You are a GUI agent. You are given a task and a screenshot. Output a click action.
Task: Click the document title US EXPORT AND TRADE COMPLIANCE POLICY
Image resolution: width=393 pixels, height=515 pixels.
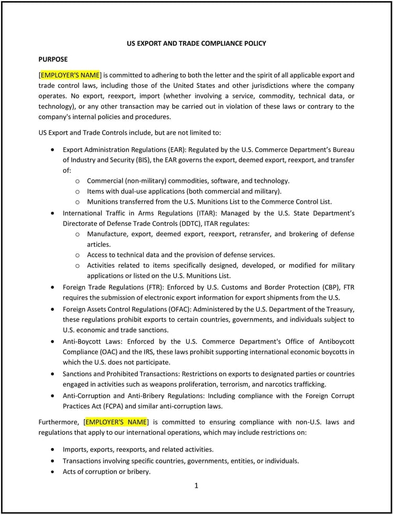[x=196, y=43]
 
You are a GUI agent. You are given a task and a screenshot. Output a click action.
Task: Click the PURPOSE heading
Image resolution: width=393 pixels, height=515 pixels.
[x=53, y=59]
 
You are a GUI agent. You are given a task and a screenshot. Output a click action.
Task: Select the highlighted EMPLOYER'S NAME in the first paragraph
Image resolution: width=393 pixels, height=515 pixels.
[x=70, y=75]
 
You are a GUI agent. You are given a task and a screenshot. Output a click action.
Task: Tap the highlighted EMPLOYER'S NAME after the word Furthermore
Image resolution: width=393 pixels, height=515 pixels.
[x=116, y=422]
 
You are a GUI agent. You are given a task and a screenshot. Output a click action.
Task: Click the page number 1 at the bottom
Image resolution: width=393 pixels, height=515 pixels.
[x=196, y=486]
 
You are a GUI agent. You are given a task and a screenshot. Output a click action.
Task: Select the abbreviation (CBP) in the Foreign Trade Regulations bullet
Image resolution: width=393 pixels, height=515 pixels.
[x=330, y=287]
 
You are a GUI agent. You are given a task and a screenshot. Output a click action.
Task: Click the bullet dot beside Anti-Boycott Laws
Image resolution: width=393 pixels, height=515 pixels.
[x=52, y=341]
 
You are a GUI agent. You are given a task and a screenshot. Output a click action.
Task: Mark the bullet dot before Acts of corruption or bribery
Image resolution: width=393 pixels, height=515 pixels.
[x=52, y=472]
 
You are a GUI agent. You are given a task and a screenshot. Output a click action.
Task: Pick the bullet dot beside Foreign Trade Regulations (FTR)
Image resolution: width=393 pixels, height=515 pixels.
[x=52, y=287]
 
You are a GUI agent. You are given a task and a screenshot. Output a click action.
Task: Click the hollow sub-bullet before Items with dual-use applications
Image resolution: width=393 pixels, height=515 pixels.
[x=78, y=191]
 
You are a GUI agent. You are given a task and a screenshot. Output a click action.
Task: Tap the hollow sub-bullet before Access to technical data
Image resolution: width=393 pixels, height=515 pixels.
[x=78, y=255]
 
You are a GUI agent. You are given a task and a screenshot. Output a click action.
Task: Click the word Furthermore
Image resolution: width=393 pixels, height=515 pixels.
[x=59, y=422]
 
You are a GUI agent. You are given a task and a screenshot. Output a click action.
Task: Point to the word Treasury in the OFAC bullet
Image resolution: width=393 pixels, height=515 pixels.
[x=340, y=309]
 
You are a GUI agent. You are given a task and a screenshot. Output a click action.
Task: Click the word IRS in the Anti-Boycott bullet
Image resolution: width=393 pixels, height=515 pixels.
[x=139, y=352]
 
